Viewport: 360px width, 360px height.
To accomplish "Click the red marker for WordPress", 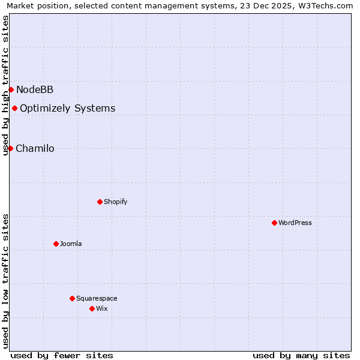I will tap(274, 223).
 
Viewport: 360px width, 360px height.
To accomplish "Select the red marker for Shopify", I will tap(100, 202).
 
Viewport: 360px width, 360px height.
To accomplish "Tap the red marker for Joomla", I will tap(56, 244).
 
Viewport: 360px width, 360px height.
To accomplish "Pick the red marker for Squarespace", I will tap(72, 298).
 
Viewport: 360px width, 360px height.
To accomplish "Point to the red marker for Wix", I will tap(92, 308).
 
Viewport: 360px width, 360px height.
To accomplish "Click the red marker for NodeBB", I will tap(11, 89).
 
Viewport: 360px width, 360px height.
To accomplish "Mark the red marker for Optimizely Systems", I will tap(14, 108).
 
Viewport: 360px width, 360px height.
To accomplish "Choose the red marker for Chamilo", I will tap(10, 148).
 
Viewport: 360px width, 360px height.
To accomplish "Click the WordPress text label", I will tap(295, 223).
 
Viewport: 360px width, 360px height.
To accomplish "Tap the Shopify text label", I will tap(116, 202).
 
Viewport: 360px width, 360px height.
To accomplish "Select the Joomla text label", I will tap(71, 244).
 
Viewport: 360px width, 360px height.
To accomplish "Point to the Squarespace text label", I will tap(97, 298).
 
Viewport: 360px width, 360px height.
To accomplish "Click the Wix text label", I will tap(102, 308).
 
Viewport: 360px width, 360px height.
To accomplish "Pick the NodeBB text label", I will tap(35, 89).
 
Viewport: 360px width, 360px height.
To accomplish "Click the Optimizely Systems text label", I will tap(68, 108).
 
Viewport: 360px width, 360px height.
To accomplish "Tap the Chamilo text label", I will tap(35, 148).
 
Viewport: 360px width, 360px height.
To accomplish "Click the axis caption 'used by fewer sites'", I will tap(62, 355).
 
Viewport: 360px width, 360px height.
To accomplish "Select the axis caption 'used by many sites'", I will tap(301, 355).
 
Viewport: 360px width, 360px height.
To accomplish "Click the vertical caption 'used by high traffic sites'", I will tap(6, 85).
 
